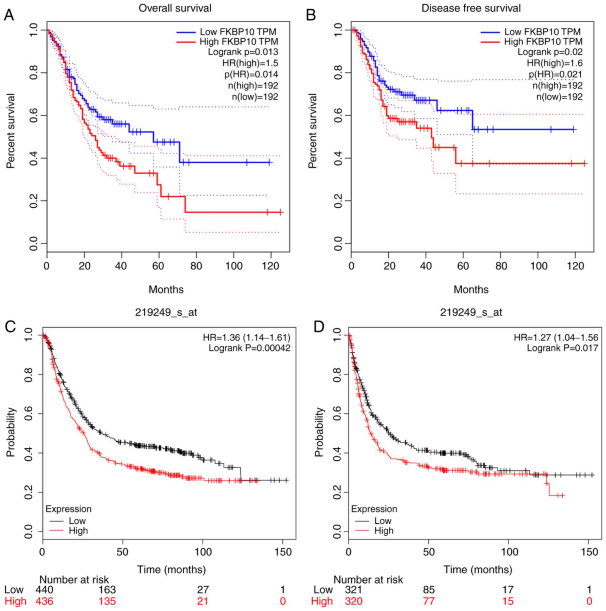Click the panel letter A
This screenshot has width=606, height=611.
pos(9,15)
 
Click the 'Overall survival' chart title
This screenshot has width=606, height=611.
pos(175,8)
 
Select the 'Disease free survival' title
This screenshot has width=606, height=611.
pos(471,8)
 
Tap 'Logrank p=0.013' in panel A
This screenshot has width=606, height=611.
pos(243,52)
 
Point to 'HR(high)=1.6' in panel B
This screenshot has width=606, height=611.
pos(555,63)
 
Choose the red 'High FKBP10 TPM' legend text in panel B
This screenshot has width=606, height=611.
pos(543,41)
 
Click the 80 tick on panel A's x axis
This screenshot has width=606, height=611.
pos(196,266)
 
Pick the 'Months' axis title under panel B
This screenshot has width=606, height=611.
pos(471,289)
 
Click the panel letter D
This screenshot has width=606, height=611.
pos(318,327)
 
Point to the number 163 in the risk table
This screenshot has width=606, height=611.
pos(107,589)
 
